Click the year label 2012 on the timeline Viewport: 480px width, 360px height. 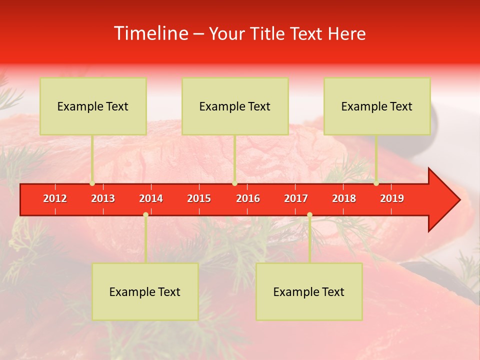coord(55,198)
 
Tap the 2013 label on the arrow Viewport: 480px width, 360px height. coord(103,198)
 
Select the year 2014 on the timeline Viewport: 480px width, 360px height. coord(151,198)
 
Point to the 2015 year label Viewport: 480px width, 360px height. coord(199,198)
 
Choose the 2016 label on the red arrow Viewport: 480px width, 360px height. coord(248,198)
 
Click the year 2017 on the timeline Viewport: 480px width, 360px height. coord(296,198)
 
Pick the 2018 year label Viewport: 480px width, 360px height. coord(344,198)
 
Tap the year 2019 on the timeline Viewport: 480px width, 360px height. coord(392,198)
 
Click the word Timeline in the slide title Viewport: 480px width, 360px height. coord(150,33)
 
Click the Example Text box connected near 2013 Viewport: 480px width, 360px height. coord(93,106)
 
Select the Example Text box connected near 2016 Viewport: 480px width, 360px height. coord(235,106)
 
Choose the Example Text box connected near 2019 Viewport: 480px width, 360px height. coord(377,106)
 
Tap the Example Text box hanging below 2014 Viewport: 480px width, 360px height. coord(145,291)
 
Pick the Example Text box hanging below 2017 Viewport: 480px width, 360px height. coord(309,291)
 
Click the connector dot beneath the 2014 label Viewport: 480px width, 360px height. coord(145,214)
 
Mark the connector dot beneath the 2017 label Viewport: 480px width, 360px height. coord(309,214)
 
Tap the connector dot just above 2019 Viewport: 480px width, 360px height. coord(376,183)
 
